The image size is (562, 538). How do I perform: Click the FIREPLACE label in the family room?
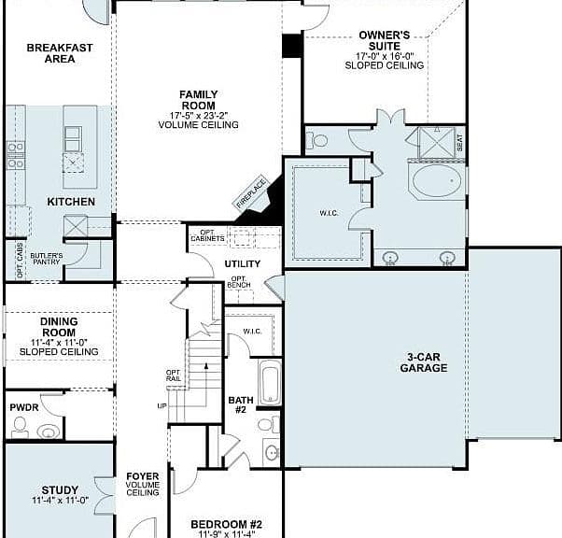coord(251,193)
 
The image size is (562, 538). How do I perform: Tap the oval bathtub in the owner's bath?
coord(437,180)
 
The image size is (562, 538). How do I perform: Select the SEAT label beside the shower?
coord(460,142)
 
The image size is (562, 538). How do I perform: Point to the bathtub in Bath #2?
coord(270,382)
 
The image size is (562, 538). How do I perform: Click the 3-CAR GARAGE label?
coord(423,362)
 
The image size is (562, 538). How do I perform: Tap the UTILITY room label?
coord(243,264)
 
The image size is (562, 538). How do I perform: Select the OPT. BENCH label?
coord(239,282)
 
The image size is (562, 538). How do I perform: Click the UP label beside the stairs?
coord(162,406)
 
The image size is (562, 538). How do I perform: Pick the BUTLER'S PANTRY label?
coord(47,259)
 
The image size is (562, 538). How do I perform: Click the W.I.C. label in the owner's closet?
coord(329,213)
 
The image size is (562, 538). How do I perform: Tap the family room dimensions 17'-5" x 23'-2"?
coord(199,116)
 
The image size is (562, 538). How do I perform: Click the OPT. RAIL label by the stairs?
coord(174,375)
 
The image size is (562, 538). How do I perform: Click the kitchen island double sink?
coord(73,139)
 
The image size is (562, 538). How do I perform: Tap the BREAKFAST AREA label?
coord(60,53)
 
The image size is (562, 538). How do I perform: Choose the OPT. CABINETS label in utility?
coord(207,235)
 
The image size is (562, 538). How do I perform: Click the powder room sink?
coord(48,432)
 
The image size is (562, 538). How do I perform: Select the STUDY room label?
coord(60,490)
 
